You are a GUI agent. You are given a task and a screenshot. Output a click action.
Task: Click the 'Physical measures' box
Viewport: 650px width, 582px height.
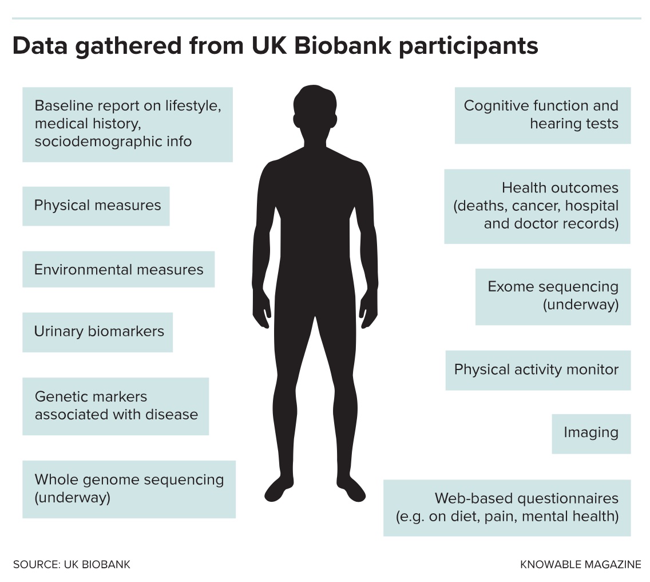[x=96, y=206]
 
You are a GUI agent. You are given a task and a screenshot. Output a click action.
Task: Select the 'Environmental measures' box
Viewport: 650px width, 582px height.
[x=118, y=269]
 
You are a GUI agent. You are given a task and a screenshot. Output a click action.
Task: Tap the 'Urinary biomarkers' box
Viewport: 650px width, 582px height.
[x=98, y=332]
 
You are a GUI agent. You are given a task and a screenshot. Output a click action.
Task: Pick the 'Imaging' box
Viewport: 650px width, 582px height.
[x=590, y=433]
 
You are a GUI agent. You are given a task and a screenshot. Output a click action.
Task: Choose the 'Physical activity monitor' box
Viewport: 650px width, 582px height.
[x=537, y=370]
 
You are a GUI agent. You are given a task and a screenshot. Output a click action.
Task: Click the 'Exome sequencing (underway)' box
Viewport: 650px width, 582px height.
[x=553, y=296]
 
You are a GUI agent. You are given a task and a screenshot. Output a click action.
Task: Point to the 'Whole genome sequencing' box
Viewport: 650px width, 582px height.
[x=129, y=489]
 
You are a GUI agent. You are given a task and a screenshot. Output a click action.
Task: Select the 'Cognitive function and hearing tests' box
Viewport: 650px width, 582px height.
[x=542, y=115]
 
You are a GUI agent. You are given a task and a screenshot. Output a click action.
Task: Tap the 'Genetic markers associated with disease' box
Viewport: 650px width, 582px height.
[x=116, y=406]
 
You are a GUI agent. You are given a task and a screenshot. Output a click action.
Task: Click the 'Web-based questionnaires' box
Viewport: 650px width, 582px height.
[x=506, y=508]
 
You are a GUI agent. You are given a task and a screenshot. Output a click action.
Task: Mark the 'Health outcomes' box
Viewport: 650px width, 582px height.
[x=537, y=206]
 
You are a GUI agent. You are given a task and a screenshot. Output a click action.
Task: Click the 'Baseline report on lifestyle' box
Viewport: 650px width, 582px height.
[x=127, y=124]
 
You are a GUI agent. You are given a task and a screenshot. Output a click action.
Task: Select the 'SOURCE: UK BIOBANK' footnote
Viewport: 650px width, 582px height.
[x=72, y=564]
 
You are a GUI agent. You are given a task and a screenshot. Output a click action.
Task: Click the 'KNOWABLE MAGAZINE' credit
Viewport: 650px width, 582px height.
[x=580, y=564]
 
